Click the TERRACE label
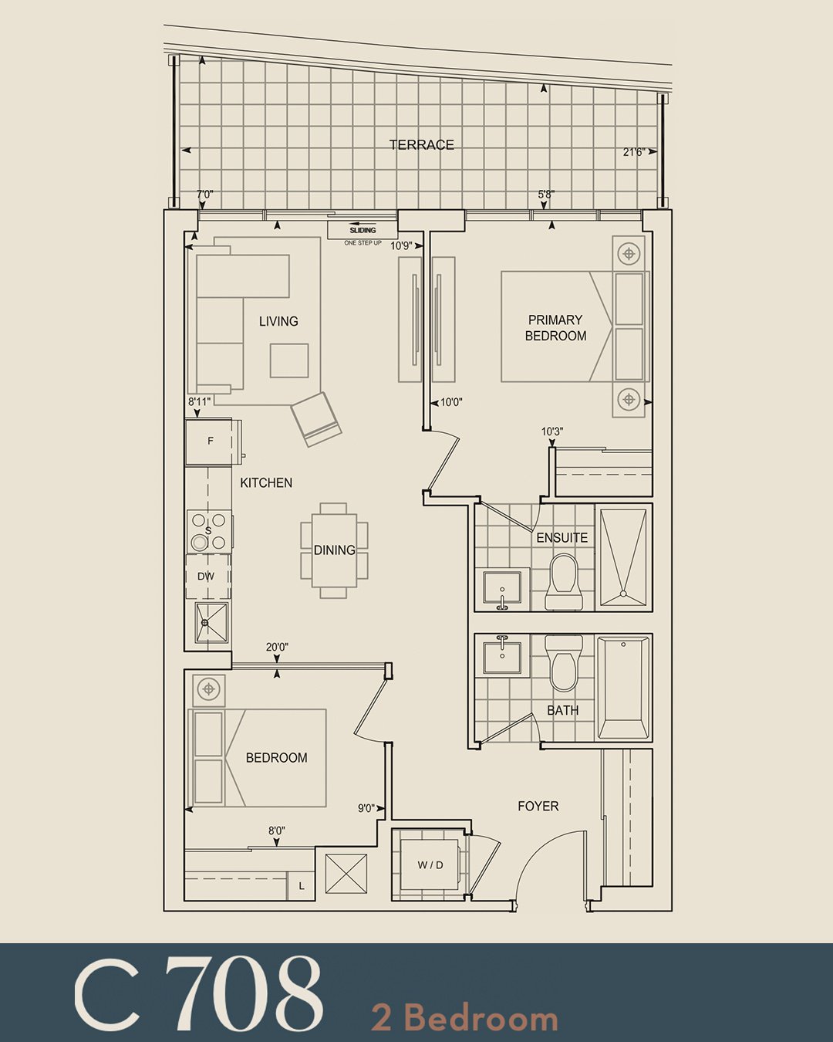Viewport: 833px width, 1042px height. point(422,145)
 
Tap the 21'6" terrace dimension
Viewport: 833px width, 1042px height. point(634,152)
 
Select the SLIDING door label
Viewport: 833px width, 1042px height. point(363,231)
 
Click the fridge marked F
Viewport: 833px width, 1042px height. point(209,441)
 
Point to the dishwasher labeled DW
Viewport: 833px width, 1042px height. point(207,577)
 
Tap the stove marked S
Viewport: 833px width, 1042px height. point(208,531)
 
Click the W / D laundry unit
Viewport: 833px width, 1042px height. point(430,864)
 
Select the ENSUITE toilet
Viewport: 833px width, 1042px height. point(563,583)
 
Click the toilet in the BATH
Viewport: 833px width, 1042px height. point(563,662)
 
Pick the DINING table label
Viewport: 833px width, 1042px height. point(335,550)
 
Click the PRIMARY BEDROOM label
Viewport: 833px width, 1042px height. point(555,328)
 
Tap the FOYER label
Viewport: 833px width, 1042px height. point(538,806)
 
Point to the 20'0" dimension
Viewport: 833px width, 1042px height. point(278,647)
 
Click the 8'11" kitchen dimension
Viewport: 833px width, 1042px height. point(199,401)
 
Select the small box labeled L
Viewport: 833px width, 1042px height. point(302,886)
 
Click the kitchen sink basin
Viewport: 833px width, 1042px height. point(211,623)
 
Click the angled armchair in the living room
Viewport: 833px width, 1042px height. point(316,419)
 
